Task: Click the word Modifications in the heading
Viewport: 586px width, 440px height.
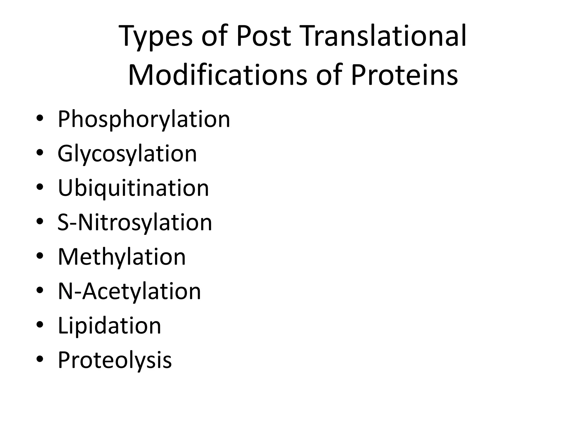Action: pyautogui.click(x=217, y=75)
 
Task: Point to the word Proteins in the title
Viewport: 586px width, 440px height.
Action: pyautogui.click(x=404, y=75)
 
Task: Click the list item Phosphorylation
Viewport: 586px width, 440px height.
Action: pyautogui.click(x=144, y=119)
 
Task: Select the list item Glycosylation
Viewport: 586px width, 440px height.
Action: pyautogui.click(x=127, y=154)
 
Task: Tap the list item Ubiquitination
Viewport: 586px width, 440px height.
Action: pyautogui.click(x=133, y=188)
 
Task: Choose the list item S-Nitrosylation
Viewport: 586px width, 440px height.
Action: pyautogui.click(x=134, y=222)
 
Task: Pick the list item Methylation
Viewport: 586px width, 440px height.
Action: pyautogui.click(x=122, y=257)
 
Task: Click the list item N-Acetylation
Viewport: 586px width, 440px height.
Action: pyautogui.click(x=129, y=291)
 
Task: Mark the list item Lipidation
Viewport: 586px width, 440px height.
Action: pyautogui.click(x=109, y=325)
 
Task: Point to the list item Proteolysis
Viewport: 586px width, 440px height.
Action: pyautogui.click(x=114, y=360)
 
